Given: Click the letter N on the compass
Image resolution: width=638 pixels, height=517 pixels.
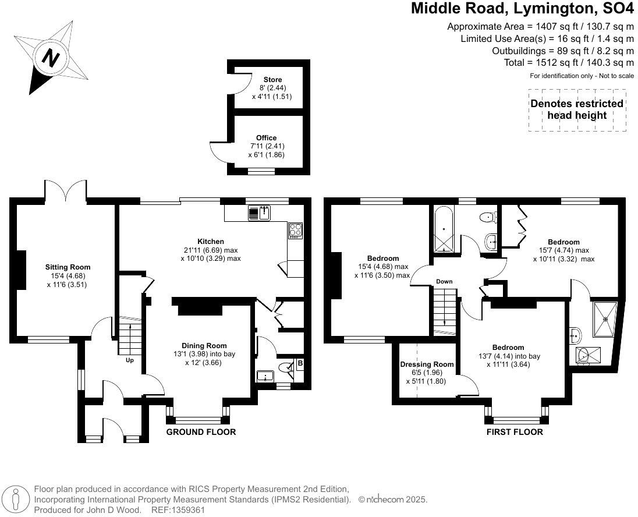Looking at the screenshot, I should [x=52, y=58].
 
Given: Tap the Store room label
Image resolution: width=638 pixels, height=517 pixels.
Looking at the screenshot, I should [x=272, y=80].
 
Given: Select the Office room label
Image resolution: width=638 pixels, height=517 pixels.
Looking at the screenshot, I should [x=267, y=138].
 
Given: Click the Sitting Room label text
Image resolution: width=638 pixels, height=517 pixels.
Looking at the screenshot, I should [x=68, y=267].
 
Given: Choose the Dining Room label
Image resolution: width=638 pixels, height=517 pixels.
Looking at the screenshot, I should [x=204, y=345].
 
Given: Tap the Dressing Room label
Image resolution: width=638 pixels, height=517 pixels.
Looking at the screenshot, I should [x=427, y=364].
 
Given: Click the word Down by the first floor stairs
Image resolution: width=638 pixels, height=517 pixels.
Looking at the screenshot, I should [x=444, y=282].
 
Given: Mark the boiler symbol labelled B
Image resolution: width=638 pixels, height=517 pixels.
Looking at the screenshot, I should [x=300, y=364].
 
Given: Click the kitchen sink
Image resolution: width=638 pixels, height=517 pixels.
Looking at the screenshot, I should [x=258, y=214].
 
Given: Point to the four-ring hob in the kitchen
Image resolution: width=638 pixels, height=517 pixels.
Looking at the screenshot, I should [x=295, y=231].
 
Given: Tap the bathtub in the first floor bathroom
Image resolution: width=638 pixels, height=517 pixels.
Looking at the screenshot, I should [x=444, y=230].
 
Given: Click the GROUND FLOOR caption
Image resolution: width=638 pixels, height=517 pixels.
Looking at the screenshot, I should [x=201, y=432].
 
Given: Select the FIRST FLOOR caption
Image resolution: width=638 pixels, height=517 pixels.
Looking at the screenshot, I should [x=515, y=432].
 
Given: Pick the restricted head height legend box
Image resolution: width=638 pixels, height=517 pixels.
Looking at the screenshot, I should [x=576, y=109].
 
